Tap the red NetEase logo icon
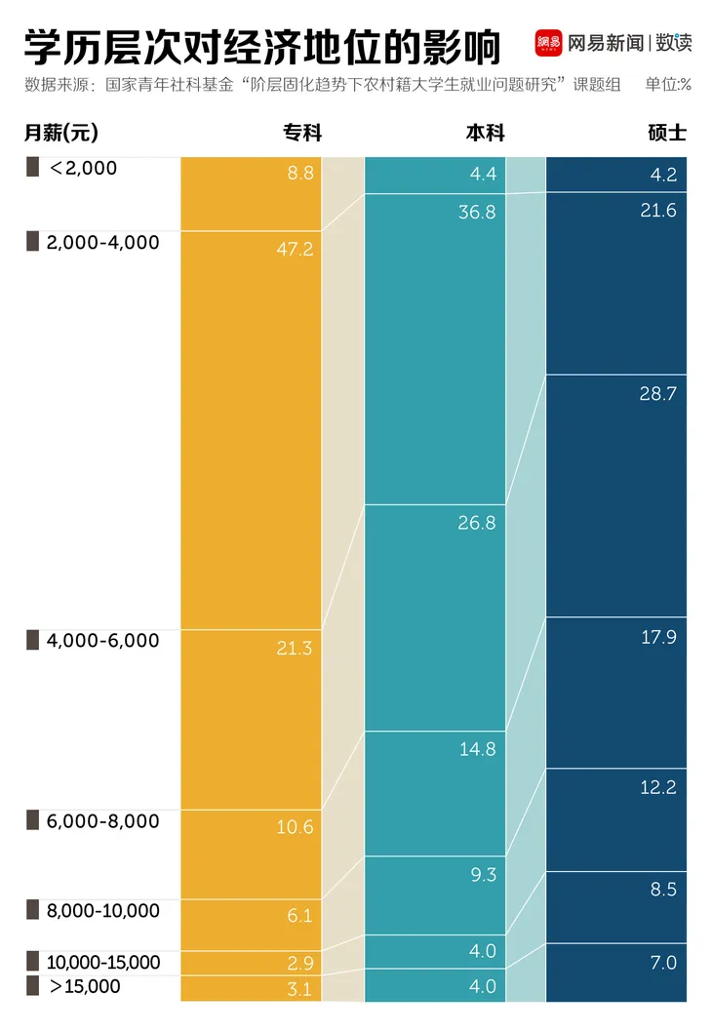549,43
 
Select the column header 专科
302,133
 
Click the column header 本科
485,133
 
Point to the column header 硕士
667,133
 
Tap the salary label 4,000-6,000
101,641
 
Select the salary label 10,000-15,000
102,963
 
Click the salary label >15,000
85,986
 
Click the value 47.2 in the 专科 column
295,250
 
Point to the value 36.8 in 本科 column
477,213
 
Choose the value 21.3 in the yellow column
295,648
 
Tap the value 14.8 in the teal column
477,749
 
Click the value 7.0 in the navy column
663,963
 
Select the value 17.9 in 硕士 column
658,637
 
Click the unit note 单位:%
668,84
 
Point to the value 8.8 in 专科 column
300,174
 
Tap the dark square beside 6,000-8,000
32,820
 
